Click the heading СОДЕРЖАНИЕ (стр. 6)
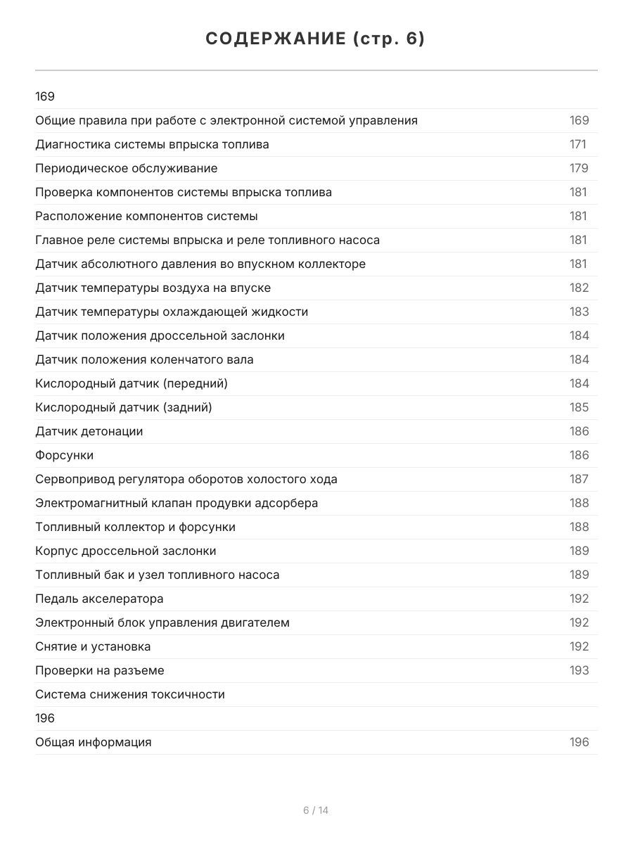[x=316, y=39]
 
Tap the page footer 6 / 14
[x=316, y=810]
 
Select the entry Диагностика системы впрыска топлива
[x=152, y=145]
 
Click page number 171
[x=577, y=145]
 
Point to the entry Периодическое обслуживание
[x=127, y=169]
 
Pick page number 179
[x=579, y=169]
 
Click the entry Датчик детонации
[x=89, y=432]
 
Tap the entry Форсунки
[x=65, y=456]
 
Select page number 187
[x=579, y=480]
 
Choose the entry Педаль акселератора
[x=99, y=599]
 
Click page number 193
[x=579, y=671]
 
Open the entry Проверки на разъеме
[x=100, y=671]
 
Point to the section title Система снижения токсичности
[x=130, y=695]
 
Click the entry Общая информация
[x=94, y=743]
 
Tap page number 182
[x=579, y=288]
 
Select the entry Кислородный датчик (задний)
[x=124, y=408]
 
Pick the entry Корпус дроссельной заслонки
[x=126, y=551]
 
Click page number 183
[x=579, y=312]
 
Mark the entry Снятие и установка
[x=93, y=647]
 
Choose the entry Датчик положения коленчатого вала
[x=144, y=360]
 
